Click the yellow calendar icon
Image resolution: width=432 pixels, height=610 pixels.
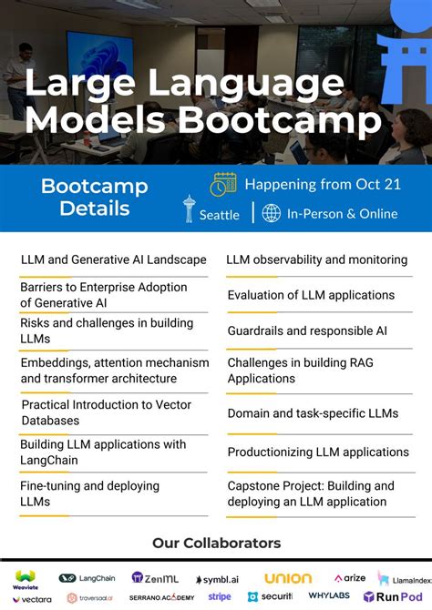[x=223, y=183]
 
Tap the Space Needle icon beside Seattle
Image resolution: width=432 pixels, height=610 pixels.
[x=189, y=209]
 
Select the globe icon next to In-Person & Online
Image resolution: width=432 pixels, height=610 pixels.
[x=271, y=213]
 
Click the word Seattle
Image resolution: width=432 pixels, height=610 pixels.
[x=220, y=215]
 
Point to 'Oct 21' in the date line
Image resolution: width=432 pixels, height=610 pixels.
[x=379, y=184]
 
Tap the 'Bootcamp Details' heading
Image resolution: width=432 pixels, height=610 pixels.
[x=94, y=198]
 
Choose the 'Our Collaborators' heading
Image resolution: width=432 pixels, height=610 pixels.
[x=216, y=544]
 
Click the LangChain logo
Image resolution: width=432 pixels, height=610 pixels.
[x=88, y=577]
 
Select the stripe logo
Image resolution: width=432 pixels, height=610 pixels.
[x=220, y=597]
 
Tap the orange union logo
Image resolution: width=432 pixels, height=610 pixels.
[x=288, y=578]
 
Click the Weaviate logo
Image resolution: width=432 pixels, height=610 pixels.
[x=25, y=577]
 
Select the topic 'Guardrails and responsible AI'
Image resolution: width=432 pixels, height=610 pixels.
[x=307, y=331]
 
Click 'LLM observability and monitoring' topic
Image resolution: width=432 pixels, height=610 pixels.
[x=315, y=260]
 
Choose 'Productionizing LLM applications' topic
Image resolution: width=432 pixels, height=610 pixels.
[x=318, y=452]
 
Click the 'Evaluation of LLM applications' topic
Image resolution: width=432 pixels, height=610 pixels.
[x=311, y=295]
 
